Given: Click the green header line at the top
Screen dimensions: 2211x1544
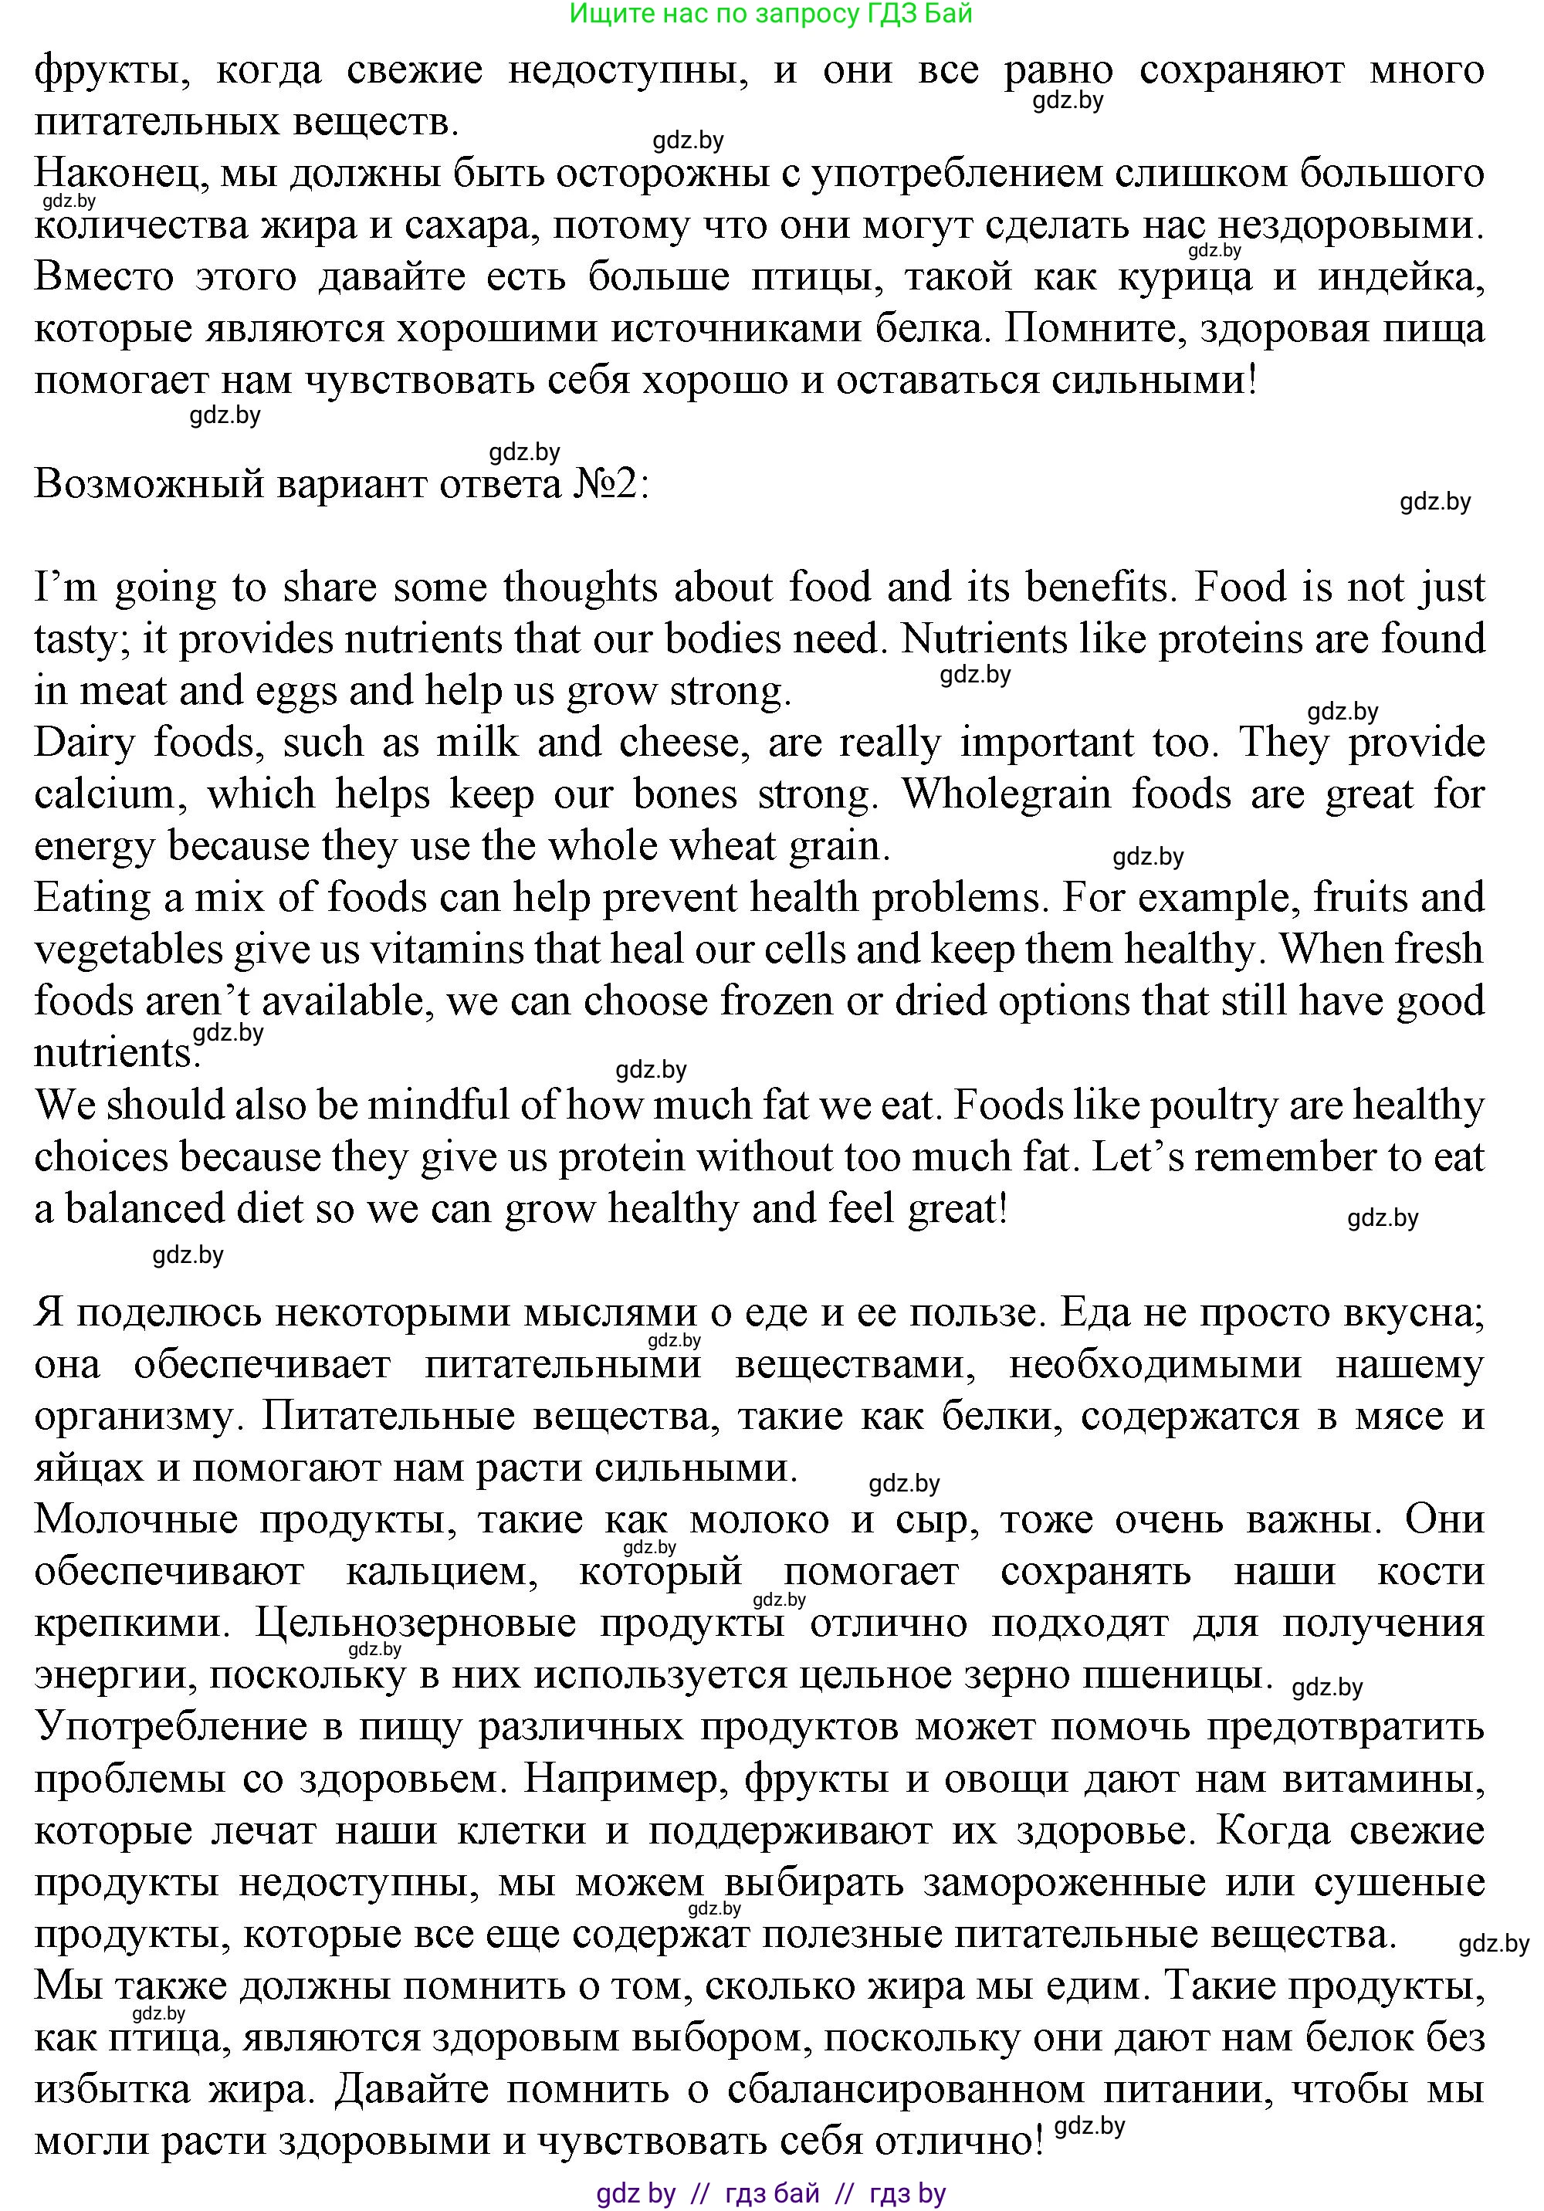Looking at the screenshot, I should [770, 13].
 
